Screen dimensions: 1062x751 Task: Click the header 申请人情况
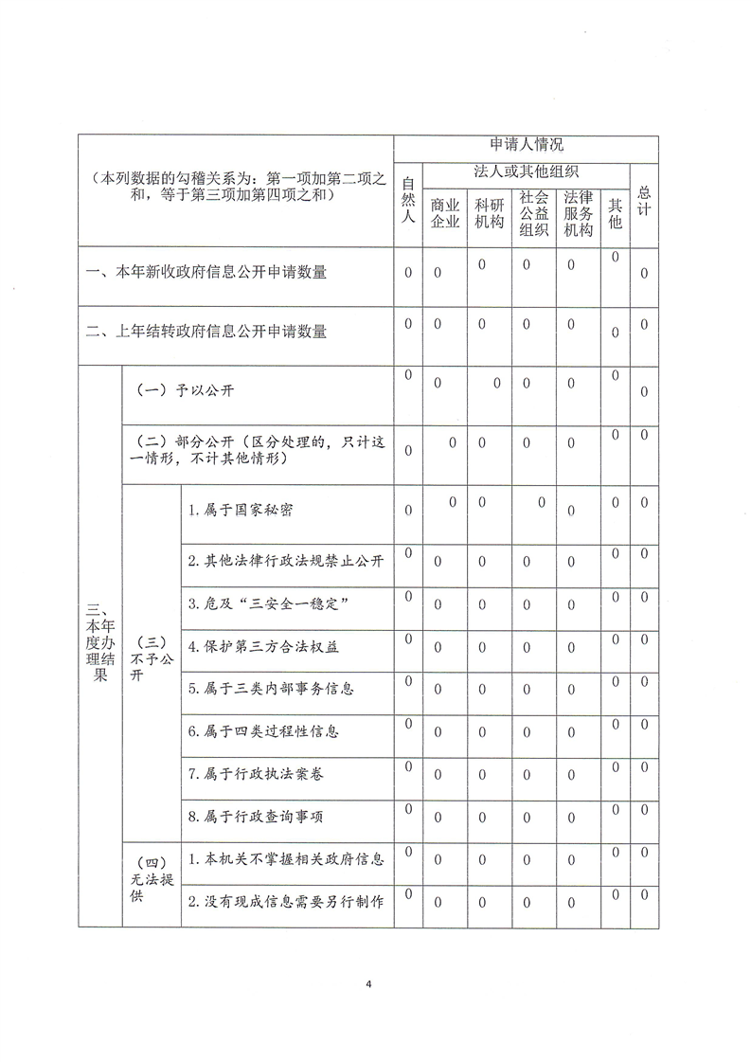coord(526,146)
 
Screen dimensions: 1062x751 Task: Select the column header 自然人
coord(408,200)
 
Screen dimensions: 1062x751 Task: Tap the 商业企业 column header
coord(444,213)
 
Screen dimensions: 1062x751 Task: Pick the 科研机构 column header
coord(490,213)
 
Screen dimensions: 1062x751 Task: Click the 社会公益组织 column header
coord(534,213)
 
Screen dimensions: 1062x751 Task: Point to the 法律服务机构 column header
coord(578,213)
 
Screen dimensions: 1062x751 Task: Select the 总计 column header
coord(644,200)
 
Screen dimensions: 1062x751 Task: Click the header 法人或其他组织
coord(526,171)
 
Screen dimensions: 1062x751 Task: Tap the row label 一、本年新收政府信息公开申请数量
coord(206,273)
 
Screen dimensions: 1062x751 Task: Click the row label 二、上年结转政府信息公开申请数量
coord(206,332)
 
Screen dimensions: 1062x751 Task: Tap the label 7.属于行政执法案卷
coord(255,774)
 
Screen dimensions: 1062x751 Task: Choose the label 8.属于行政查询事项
coord(255,816)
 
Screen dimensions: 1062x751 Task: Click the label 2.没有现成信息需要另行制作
coord(285,902)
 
